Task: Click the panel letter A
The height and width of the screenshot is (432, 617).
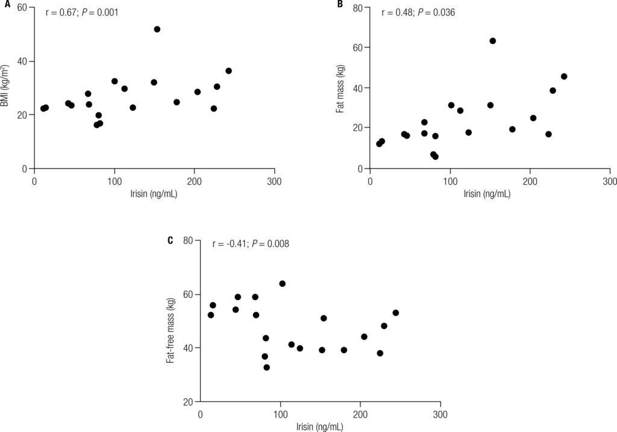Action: [x=4, y=5]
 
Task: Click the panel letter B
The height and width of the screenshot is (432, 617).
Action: [x=340, y=5]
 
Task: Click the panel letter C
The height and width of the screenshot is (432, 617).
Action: [x=170, y=240]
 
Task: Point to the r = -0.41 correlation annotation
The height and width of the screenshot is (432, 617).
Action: [x=251, y=244]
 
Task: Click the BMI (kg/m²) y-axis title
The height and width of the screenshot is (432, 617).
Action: [x=5, y=88]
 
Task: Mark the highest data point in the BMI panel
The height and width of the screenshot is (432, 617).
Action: [x=157, y=29]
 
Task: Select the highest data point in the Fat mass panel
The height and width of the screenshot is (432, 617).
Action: [x=492, y=41]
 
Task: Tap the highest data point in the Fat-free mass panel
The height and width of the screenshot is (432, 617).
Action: [x=282, y=283]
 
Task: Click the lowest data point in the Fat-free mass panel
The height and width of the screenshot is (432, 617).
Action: [x=266, y=367]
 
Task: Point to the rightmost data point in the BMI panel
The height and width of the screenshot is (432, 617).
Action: [x=228, y=70]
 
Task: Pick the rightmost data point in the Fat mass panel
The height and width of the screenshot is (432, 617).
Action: [x=564, y=77]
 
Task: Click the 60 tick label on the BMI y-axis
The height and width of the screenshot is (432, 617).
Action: [x=22, y=8]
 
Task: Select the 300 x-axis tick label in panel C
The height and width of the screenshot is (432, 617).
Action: [x=440, y=415]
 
